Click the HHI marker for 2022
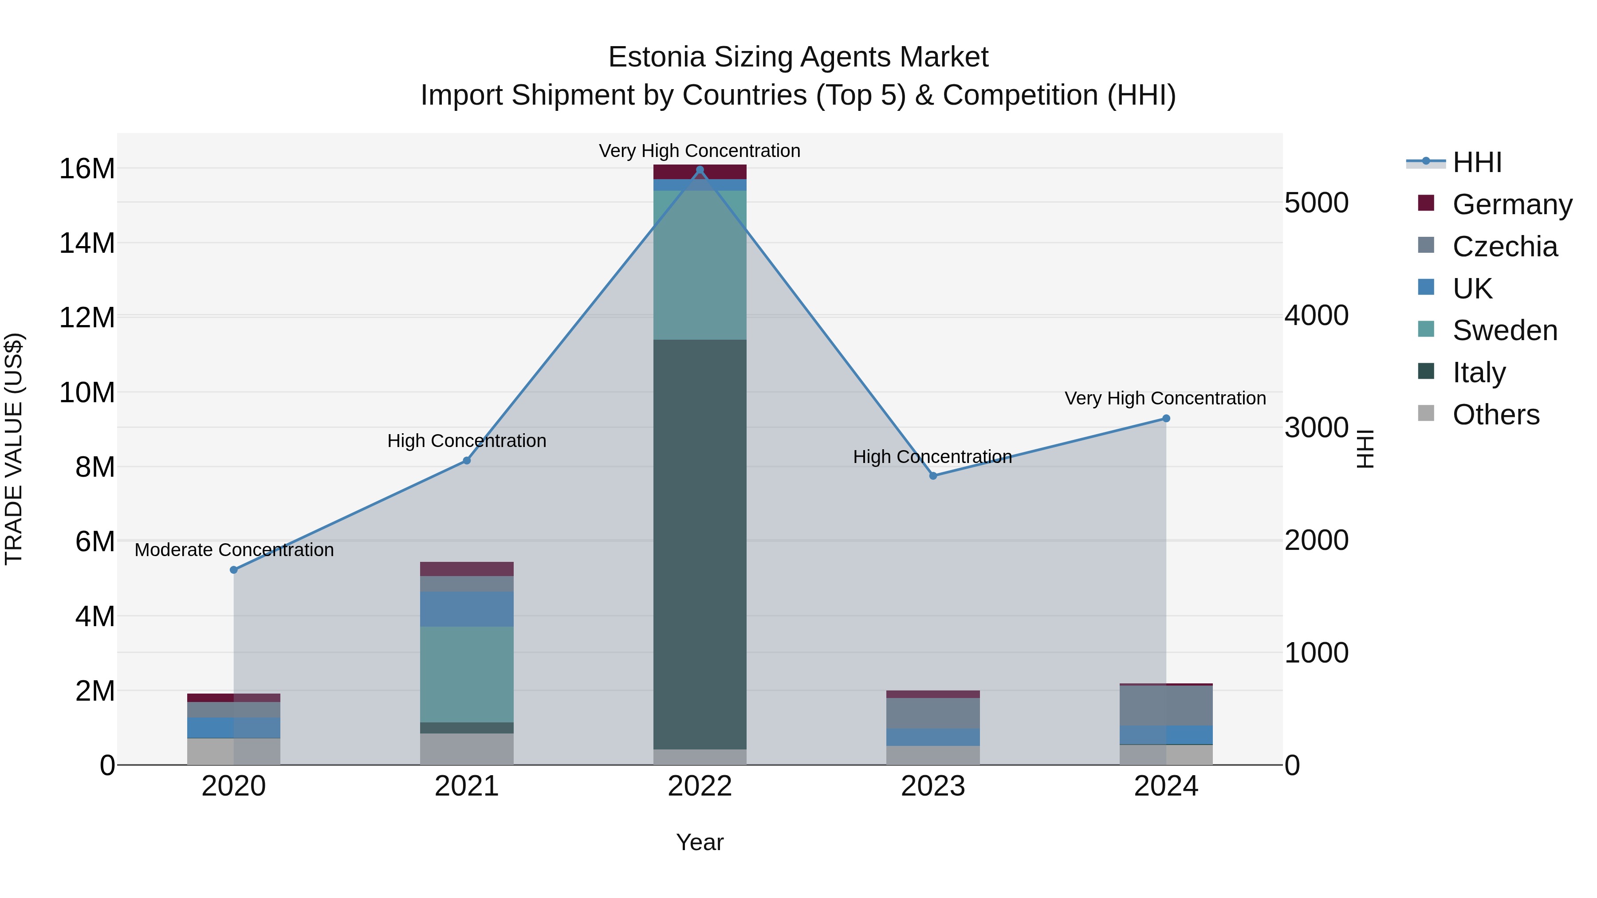700,170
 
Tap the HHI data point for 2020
234,569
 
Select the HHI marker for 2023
933,476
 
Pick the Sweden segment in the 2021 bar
467,674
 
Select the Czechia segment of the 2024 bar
1166,705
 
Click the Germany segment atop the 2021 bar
467,569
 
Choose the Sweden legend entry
1505,330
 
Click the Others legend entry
1495,415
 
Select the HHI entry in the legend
1477,162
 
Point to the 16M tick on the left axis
87,169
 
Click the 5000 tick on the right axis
1316,203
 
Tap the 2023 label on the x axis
933,786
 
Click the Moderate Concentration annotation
234,550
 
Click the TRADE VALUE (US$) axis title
14,449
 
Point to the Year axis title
700,842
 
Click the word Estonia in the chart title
657,57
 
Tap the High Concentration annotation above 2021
467,441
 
